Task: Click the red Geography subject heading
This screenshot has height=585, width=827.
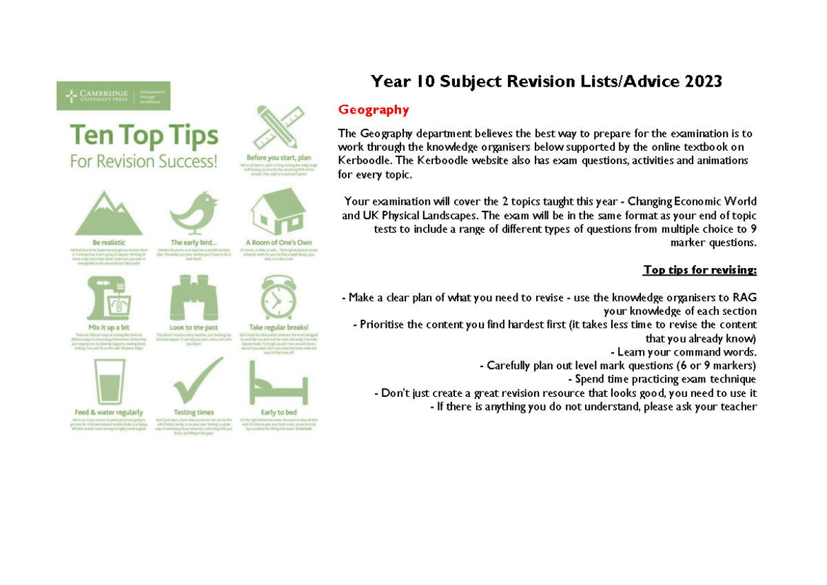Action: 373,110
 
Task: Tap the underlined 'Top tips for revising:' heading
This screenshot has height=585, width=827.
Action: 700,269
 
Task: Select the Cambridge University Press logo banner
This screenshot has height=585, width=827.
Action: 113,96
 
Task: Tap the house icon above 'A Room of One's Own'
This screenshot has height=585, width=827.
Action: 277,212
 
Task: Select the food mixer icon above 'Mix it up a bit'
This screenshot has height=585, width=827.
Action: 109,297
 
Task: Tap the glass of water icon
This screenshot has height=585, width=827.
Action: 109,383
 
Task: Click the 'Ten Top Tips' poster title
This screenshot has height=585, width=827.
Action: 143,136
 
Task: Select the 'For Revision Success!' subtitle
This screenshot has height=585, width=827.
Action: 143,162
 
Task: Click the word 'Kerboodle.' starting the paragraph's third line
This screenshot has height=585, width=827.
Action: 363,160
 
